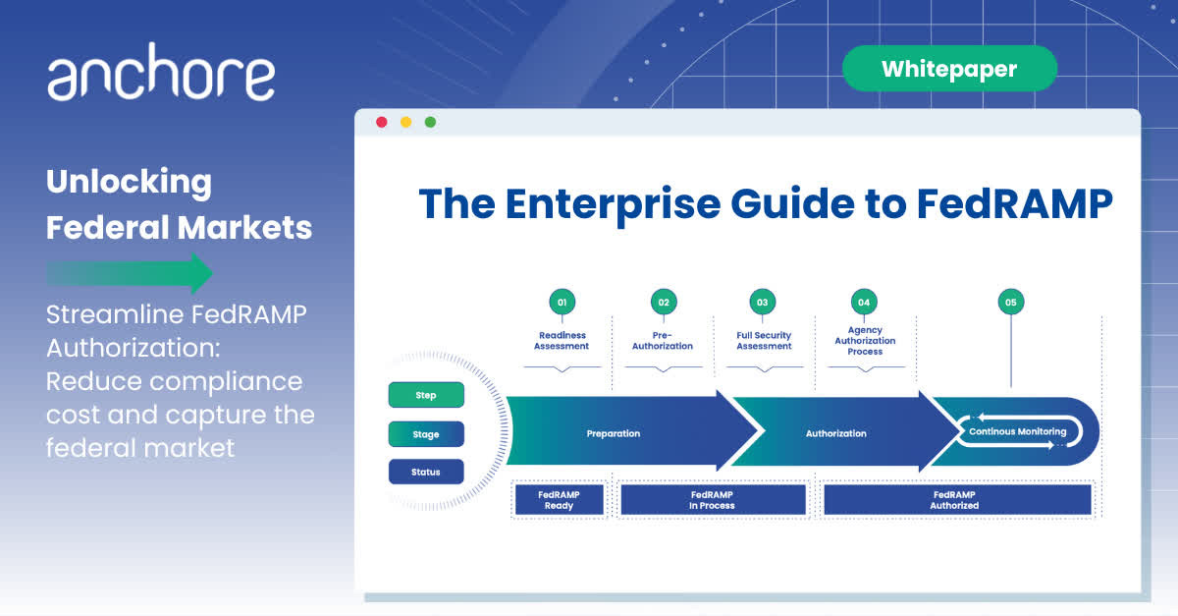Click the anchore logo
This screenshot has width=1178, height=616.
coord(161,78)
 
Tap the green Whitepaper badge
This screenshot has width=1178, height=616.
coord(948,69)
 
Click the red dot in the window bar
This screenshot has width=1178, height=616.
coord(382,122)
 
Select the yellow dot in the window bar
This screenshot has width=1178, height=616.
coord(405,122)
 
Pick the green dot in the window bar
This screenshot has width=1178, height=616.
coord(430,122)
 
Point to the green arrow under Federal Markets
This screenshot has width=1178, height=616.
coord(130,273)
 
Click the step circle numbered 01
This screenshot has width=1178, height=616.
coord(562,303)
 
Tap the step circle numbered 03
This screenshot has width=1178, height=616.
coord(762,303)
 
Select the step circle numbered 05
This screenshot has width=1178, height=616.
coord(1010,303)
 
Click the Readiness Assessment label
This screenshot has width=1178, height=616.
coord(562,341)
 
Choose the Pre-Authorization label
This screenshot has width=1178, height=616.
coord(664,341)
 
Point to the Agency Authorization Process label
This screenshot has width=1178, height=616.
coord(865,341)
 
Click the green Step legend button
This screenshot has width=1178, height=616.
coord(426,395)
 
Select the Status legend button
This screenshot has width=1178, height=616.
coord(426,472)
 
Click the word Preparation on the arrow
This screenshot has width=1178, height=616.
coord(614,433)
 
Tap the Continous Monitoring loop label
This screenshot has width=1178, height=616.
coord(1017,431)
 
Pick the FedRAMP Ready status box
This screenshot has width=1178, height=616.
coord(559,499)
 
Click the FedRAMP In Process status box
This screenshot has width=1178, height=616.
coord(712,499)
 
